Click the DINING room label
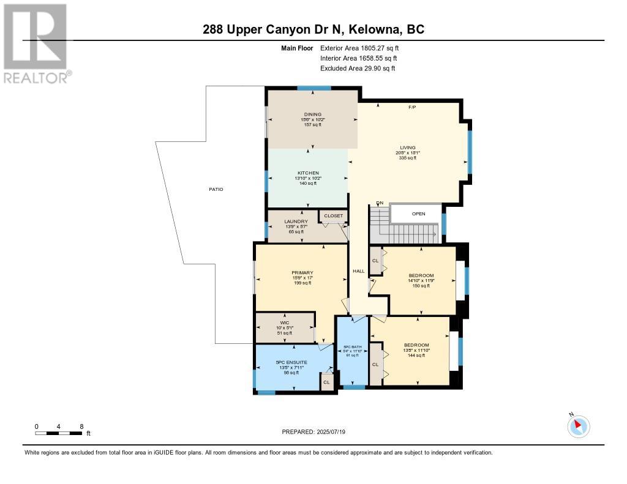pos(313,114)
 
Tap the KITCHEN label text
pos(308,173)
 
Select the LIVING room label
pos(408,147)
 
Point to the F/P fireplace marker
pos(412,108)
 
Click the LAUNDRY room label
pos(291,222)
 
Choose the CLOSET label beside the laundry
pos(334,216)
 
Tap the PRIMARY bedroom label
pos(302,273)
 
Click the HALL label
pos(358,271)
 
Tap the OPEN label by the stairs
pos(418,214)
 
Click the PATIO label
pos(215,189)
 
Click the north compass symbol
pos(578,426)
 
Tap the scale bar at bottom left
pos(59,433)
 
